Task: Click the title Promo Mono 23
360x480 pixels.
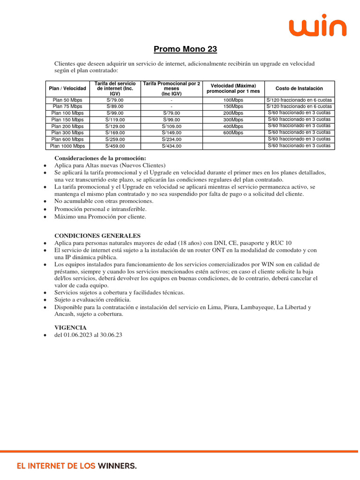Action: (186, 49)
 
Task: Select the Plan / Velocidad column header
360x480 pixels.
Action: (67, 89)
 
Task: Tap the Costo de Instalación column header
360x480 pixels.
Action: (299, 89)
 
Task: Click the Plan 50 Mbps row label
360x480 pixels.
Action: (67, 100)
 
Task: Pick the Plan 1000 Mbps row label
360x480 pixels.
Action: (67, 146)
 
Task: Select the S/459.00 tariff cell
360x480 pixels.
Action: (115, 146)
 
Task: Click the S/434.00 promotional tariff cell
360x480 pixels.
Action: (172, 146)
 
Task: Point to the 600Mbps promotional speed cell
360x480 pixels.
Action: (233, 133)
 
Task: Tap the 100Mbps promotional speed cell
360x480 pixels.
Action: (233, 100)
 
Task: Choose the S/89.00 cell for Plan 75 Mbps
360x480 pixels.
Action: (115, 106)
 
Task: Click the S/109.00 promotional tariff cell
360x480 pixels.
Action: (172, 126)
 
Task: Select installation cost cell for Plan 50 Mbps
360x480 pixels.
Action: (299, 100)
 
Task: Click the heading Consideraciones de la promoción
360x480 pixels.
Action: (100, 158)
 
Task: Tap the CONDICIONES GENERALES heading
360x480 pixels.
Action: (97, 235)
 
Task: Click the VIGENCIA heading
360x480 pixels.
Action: (71, 327)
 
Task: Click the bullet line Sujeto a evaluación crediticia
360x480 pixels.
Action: (92, 300)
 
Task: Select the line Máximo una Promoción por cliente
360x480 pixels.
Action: (100, 217)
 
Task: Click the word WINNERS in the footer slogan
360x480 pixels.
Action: (117, 466)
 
